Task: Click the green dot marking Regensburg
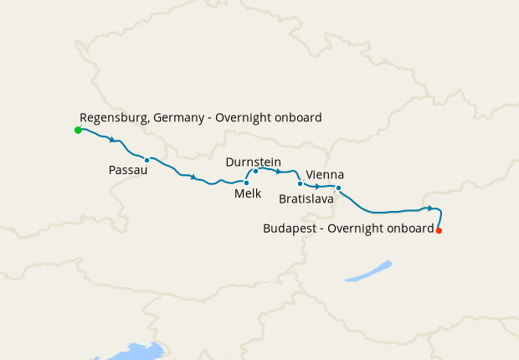pos(78,131)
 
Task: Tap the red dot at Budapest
pos(439,230)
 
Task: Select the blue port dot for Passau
pos(146,160)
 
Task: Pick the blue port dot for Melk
pos(246,183)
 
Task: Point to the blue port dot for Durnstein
pos(255,171)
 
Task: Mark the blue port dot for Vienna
pos(300,183)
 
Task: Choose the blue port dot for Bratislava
pos(338,188)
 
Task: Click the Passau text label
pos(128,171)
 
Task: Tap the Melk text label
pos(248,193)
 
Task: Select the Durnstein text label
pos(253,162)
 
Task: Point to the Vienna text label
pos(325,174)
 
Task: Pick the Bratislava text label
pos(306,200)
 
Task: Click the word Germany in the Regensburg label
pos(180,118)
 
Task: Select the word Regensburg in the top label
pos(115,118)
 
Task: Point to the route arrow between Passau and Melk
pos(193,177)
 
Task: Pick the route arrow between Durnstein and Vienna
pos(277,171)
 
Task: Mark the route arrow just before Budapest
pos(429,208)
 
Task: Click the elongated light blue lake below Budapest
pos(368,270)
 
